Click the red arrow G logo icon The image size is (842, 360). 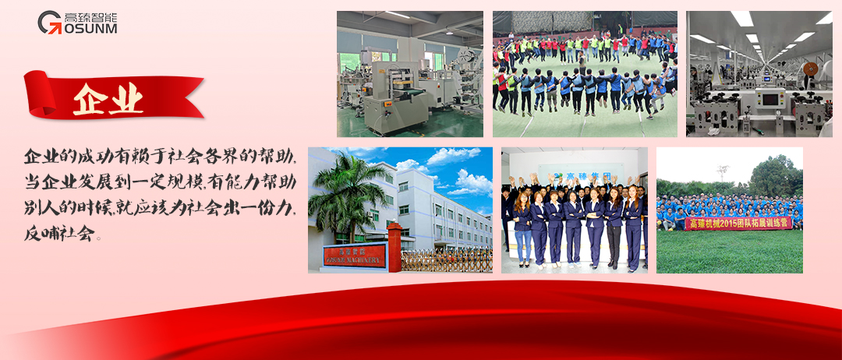click(x=50, y=22)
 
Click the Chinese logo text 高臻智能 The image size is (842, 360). click(x=90, y=15)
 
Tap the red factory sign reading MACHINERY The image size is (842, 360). click(x=355, y=256)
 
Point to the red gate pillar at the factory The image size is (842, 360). click(x=394, y=247)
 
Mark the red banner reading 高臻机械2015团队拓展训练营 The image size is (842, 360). click(x=729, y=224)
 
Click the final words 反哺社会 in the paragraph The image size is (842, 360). click(x=58, y=232)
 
